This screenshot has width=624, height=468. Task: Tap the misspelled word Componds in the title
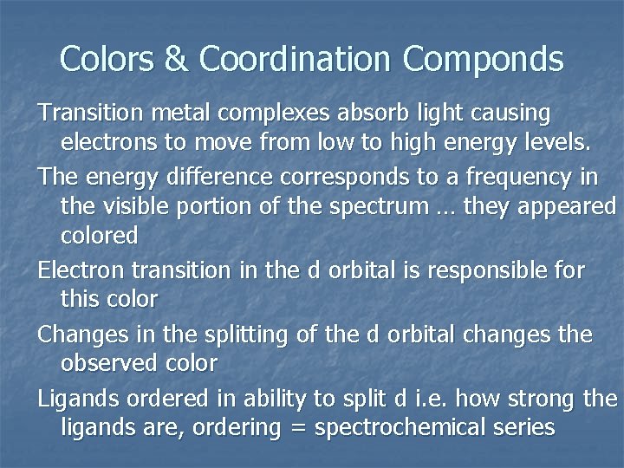pyautogui.click(x=484, y=59)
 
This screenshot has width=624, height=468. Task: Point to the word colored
pyautogui.click(x=100, y=235)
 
